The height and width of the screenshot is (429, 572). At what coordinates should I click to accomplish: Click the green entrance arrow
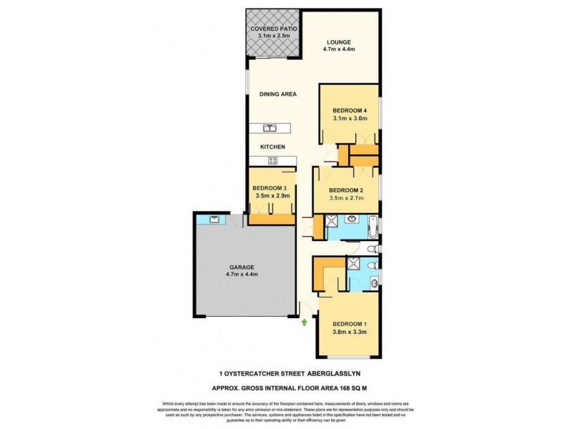point(305,323)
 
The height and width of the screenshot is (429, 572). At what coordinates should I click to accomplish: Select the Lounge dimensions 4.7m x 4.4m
point(338,49)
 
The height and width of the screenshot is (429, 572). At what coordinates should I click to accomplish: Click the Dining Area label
point(278,94)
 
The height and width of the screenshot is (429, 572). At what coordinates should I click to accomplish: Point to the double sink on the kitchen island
point(270,129)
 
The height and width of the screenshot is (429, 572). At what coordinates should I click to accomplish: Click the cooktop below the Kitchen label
point(272,161)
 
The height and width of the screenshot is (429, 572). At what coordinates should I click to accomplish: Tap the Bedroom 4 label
point(350,110)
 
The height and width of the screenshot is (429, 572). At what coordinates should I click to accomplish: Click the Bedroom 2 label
point(346,189)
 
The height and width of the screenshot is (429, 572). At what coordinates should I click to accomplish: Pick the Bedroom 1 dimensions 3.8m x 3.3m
point(350,332)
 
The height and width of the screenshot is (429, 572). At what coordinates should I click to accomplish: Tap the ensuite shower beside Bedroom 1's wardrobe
point(354,264)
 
